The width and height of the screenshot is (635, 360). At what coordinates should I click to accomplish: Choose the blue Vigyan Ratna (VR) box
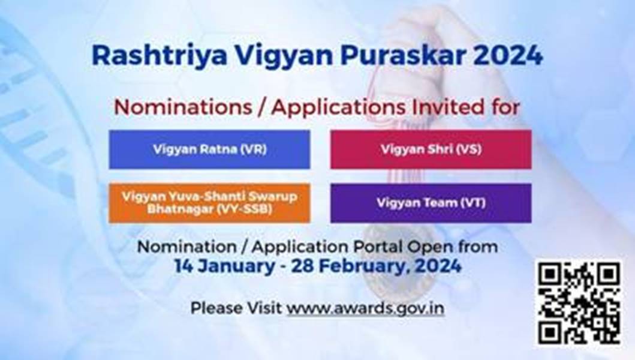(x=209, y=149)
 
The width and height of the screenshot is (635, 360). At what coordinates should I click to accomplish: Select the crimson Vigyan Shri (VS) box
(x=431, y=149)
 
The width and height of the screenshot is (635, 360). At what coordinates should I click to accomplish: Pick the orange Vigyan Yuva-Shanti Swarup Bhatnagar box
(x=209, y=203)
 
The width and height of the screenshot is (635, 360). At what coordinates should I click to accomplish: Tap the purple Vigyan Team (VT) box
(x=431, y=203)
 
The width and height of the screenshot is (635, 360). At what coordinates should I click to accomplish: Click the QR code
(x=579, y=303)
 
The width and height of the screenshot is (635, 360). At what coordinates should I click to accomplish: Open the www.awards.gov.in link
(x=365, y=308)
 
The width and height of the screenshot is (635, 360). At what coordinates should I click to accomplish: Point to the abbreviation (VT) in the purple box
(x=473, y=203)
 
